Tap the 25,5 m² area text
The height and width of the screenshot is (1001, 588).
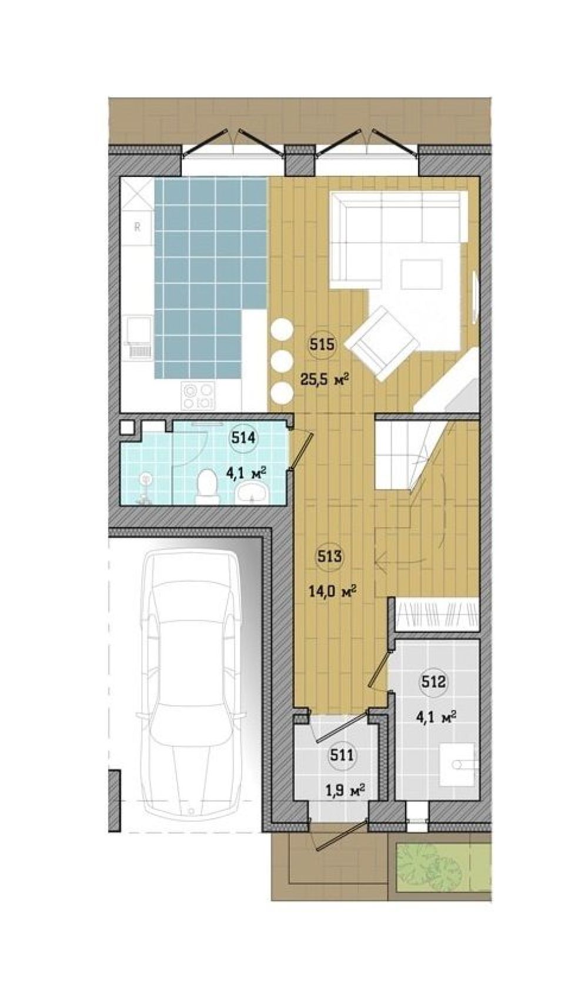click(x=324, y=381)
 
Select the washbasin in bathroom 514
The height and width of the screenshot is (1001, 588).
click(x=251, y=494)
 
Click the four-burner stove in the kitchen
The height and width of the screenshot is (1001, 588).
click(x=199, y=396)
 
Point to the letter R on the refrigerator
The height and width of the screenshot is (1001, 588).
click(x=138, y=226)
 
